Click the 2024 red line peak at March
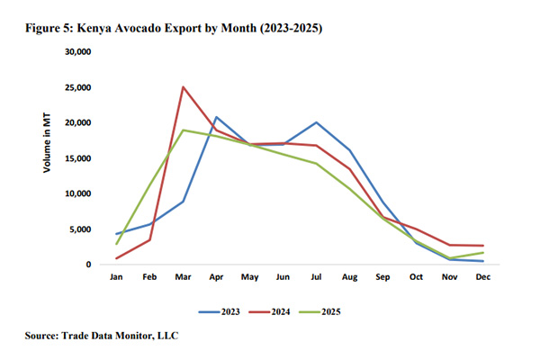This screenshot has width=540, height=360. pos(184,87)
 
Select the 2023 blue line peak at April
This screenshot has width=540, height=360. pos(216,117)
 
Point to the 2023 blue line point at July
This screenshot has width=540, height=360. pos(315,122)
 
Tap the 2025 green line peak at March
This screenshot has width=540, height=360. pos(184,130)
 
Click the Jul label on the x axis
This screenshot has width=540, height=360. pos(315,277)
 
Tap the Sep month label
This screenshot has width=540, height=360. pos(382,277)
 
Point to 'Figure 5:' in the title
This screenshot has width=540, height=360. pos(57,30)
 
